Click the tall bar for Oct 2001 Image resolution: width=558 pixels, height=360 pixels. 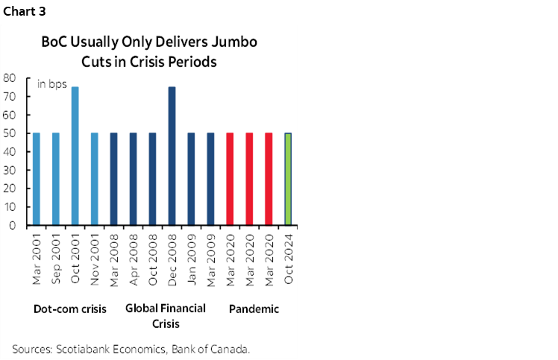75,156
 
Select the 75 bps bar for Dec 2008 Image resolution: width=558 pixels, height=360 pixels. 172,156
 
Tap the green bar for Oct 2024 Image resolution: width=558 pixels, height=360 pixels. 288,179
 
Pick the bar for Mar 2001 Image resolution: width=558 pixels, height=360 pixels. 36,179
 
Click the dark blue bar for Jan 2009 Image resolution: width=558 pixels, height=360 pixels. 191,179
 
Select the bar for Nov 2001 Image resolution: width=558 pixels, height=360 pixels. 94,179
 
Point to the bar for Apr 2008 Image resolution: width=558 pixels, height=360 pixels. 133,179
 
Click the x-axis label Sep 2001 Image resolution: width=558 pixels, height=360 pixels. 56,261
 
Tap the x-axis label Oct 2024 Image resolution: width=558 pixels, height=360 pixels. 289,261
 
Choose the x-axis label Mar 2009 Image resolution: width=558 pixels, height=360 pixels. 211,261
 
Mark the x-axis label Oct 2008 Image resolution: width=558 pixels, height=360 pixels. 153,261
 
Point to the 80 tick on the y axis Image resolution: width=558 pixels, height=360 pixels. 10,78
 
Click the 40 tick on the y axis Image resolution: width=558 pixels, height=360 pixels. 10,151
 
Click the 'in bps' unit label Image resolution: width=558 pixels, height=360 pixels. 52,84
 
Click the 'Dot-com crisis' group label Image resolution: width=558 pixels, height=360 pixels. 70,309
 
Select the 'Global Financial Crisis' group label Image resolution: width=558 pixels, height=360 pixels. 166,315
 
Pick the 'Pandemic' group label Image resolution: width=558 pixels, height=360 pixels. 253,309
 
